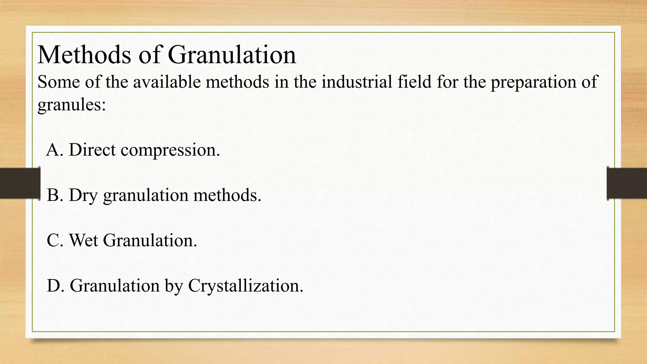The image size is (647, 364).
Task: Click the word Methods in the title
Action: click(84, 55)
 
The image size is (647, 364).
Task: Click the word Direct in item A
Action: click(92, 149)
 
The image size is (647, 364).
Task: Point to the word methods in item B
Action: click(227, 195)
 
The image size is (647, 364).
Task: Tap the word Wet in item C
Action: click(83, 240)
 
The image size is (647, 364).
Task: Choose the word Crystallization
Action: click(245, 286)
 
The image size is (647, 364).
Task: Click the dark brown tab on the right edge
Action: click(627, 183)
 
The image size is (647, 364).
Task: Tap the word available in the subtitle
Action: click(166, 82)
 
